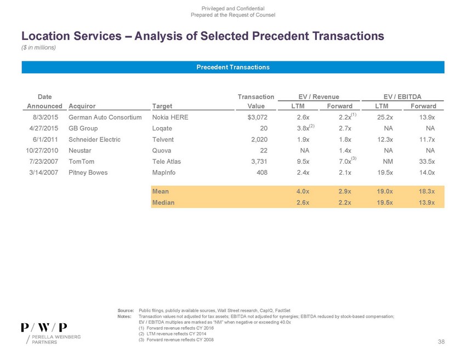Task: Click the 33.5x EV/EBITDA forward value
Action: click(425, 162)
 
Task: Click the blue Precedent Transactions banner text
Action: click(232, 67)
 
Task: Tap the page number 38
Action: click(441, 342)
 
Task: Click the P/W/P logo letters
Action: click(44, 327)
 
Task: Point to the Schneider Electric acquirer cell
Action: click(94, 139)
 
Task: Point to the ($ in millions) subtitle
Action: click(39, 47)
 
